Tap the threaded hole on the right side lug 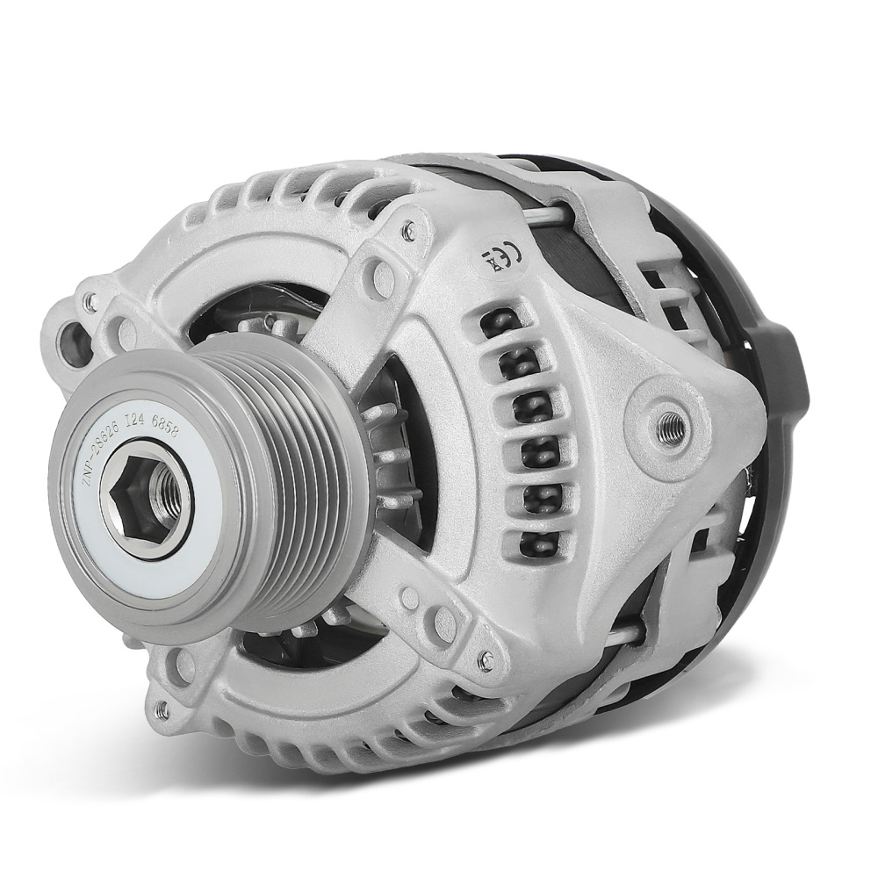pos(672,421)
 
